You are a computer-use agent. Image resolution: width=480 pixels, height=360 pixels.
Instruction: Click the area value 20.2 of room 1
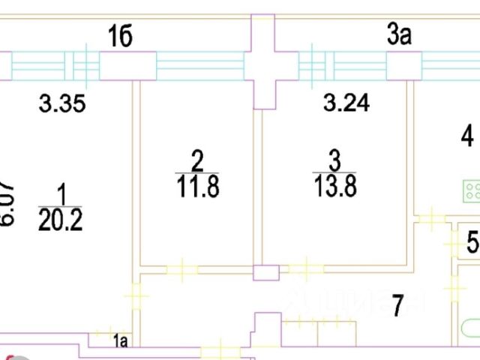coord(60,221)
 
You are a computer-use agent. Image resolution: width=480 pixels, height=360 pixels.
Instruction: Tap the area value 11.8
coord(197,186)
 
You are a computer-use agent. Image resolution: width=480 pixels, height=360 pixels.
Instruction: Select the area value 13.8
coord(334,185)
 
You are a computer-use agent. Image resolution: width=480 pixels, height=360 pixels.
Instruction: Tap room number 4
coord(467,137)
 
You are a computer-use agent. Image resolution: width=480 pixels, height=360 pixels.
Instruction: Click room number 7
coord(398,305)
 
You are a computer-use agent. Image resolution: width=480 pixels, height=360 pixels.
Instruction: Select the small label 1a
coord(120,342)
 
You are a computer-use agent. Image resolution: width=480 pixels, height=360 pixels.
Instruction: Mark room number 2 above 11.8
coord(197,160)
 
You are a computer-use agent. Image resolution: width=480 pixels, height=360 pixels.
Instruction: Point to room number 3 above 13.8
coord(334,160)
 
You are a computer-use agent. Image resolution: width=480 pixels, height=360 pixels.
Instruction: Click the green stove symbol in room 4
coord(472,190)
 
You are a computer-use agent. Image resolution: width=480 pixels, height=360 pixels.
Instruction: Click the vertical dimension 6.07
coord(7,202)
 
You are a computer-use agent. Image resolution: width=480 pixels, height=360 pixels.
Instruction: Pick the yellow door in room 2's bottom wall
coord(183,268)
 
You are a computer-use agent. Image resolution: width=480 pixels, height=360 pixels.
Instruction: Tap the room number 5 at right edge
coord(472,243)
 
